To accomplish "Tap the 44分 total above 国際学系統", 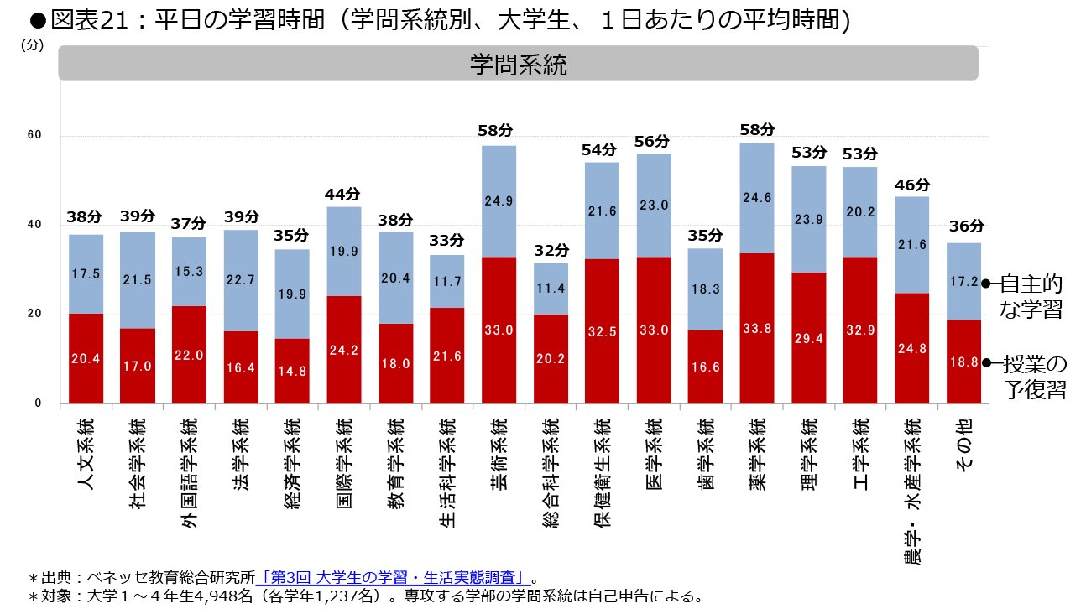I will pos(344,194).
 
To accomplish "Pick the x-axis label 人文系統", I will pos(86,452).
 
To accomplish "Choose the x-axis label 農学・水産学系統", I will pos(911,491).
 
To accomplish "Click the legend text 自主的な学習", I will pos(1031,296).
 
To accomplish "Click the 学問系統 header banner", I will pos(518,64).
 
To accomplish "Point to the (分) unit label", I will pos(32,46).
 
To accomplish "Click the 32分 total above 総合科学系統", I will pos(551,251).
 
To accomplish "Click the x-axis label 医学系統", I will pos(654,452).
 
